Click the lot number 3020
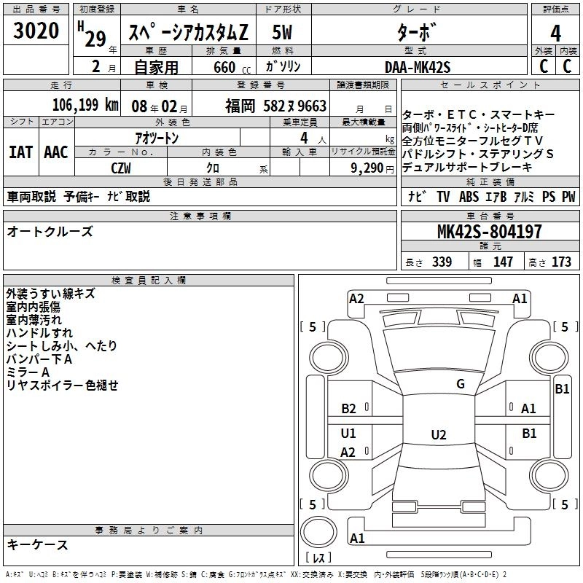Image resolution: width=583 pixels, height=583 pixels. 36,32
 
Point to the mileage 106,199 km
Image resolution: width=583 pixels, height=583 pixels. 85,105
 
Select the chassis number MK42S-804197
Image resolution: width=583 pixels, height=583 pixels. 490,232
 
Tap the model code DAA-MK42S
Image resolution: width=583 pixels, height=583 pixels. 418,67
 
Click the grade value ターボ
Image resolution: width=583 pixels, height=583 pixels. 418,33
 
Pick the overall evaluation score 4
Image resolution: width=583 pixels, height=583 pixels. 555,33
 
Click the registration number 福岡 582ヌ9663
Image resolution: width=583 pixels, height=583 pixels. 275,106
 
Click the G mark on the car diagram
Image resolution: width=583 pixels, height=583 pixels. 460,384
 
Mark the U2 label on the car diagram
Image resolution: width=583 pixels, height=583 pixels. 438,435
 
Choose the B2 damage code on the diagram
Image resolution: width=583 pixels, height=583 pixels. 349,409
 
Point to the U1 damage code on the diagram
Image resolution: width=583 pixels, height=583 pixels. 349,434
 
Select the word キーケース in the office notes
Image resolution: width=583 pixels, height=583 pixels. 38,545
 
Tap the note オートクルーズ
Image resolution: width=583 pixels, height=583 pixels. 50,232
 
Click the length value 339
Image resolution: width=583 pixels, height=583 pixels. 441,262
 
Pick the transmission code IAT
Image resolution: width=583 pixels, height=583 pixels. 20,152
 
